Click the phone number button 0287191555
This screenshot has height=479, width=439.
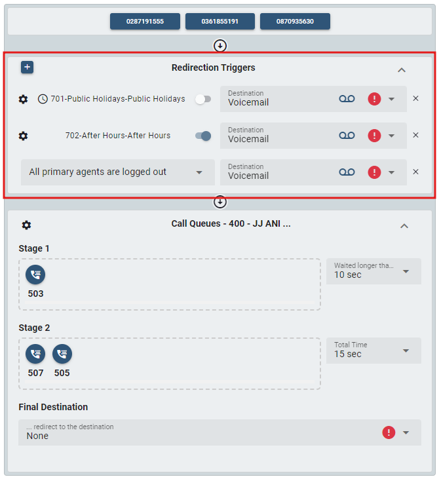145,22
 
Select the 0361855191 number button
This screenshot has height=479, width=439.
220,22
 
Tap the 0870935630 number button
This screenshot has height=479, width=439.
295,22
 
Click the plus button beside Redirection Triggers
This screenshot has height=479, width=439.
27,67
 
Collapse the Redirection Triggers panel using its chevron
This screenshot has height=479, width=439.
402,70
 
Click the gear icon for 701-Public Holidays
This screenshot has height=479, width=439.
24,99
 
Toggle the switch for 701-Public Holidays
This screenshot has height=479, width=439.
203,99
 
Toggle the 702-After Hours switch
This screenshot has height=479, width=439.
203,136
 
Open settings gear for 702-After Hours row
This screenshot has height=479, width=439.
24,136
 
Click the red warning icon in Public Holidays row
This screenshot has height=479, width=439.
374,99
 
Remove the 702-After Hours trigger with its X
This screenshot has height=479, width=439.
415,136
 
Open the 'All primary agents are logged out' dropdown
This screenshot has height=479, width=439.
117,172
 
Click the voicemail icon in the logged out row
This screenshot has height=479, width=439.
347,172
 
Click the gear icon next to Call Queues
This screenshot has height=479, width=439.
26,225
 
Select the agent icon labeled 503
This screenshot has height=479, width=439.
35,275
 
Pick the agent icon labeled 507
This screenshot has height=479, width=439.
35,354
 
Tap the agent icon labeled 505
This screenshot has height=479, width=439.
62,354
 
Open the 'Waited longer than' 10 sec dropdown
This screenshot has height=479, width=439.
373,271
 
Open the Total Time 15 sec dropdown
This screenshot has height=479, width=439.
373,351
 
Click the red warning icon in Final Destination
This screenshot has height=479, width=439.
389,432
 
